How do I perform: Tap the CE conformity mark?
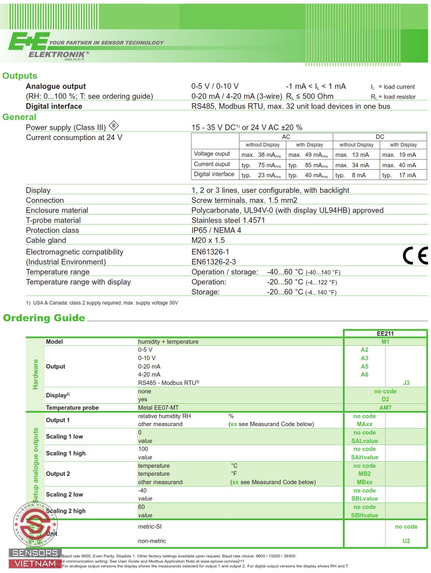[x=415, y=256]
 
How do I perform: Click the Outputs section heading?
[x=20, y=76]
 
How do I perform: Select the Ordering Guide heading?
[x=44, y=318]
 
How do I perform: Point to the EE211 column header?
[x=385, y=333]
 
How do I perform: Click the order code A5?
[x=364, y=366]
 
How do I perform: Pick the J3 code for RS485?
[x=406, y=383]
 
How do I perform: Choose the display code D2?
[x=385, y=399]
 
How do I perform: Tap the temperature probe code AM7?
[x=385, y=408]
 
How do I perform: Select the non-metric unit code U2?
[x=406, y=541]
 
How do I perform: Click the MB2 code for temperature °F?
[x=364, y=474]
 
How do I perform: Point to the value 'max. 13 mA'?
[x=352, y=155]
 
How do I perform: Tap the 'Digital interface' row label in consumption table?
[x=214, y=174]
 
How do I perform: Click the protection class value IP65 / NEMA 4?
[x=216, y=230]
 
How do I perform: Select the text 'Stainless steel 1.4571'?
[x=228, y=220]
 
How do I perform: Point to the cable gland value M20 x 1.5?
[x=208, y=240]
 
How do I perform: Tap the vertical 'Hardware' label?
[x=35, y=374]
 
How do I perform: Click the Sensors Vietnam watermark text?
[x=35, y=558]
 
